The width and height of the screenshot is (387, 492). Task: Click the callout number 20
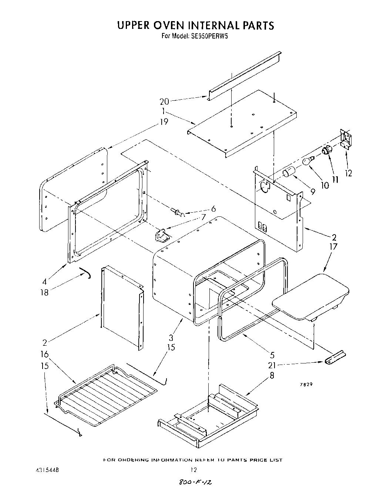coord(164,101)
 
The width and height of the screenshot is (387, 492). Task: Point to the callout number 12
coord(348,173)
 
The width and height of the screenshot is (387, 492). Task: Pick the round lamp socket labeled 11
coord(327,150)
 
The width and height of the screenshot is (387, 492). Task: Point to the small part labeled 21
coord(335,358)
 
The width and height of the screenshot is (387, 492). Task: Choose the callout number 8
coord(272,375)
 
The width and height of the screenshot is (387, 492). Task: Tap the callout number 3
coord(171,338)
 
